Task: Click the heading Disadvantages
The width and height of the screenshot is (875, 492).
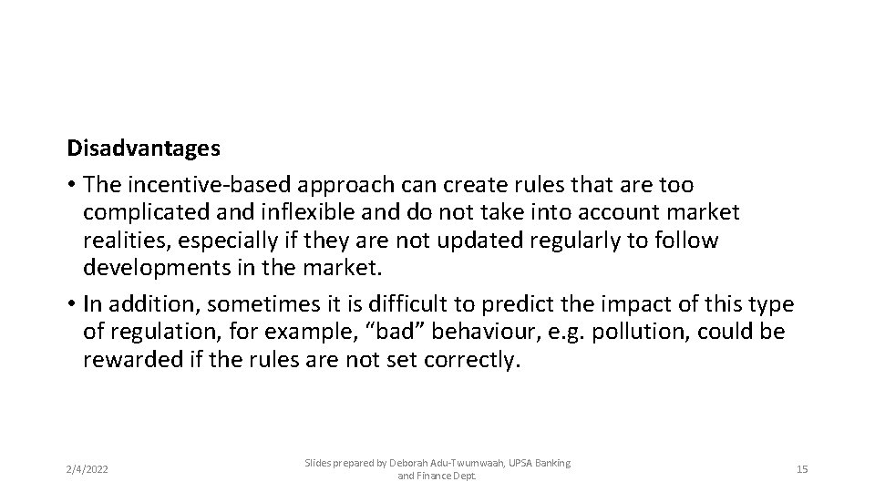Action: coord(144,148)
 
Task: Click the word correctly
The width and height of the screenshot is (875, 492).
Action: coord(472,360)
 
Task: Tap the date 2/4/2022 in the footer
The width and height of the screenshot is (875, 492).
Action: coord(87,469)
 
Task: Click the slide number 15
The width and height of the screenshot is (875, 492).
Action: coord(802,469)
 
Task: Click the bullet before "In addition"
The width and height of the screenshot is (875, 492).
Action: coord(71,304)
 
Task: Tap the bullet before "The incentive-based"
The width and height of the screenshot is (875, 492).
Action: coord(71,185)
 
